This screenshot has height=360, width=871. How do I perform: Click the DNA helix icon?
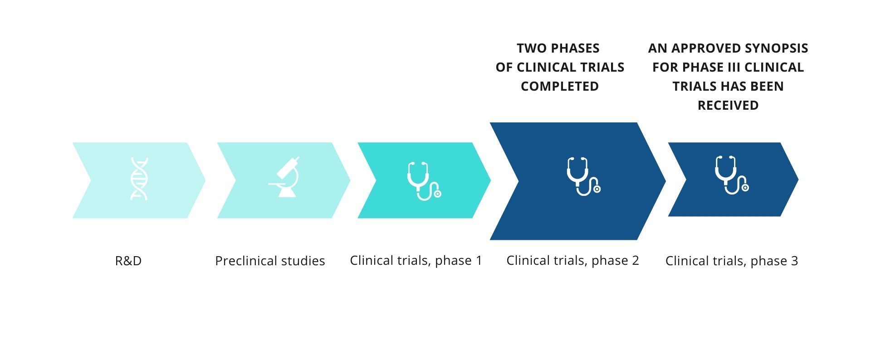coord(139,179)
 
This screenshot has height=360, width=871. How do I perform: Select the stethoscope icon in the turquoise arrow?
coord(424,181)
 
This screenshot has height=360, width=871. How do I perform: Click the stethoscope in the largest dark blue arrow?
coord(583,176)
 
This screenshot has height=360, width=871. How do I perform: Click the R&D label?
coord(128,261)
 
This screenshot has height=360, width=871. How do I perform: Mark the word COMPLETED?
coord(560,86)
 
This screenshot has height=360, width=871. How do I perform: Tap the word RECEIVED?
coord(728,105)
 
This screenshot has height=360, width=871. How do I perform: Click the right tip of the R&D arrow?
coord(206,180)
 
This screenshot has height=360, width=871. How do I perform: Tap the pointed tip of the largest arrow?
coord(665,181)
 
